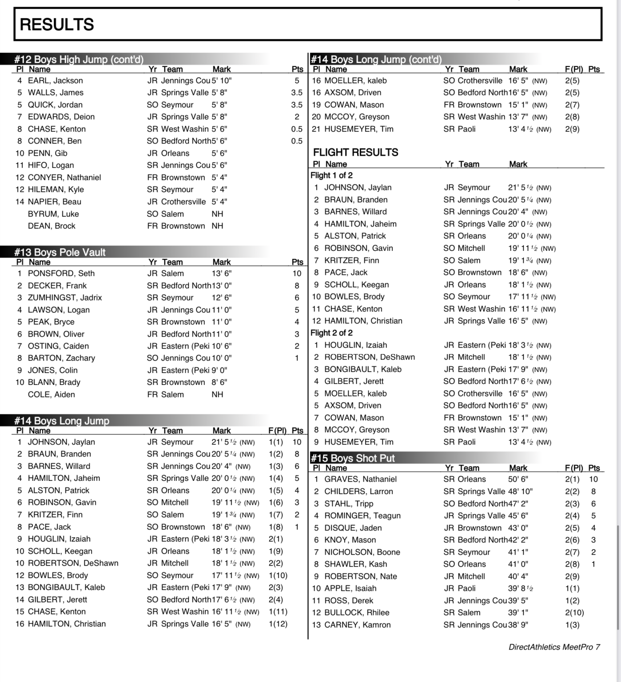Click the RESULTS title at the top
[57, 24]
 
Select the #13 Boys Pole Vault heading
[60, 252]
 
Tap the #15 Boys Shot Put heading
[353, 458]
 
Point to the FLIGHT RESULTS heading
[355, 152]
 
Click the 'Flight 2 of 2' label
[331, 333]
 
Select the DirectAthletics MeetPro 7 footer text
[554, 647]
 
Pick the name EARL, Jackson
[55, 81]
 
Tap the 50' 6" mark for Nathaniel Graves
[518, 480]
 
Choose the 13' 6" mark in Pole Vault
[221, 274]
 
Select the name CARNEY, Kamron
[358, 625]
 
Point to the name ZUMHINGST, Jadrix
[65, 297]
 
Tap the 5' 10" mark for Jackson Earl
[221, 81]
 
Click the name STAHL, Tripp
[349, 504]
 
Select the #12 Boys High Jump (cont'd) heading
[79, 59]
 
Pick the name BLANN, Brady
[54, 382]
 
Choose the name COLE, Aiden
[52, 394]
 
